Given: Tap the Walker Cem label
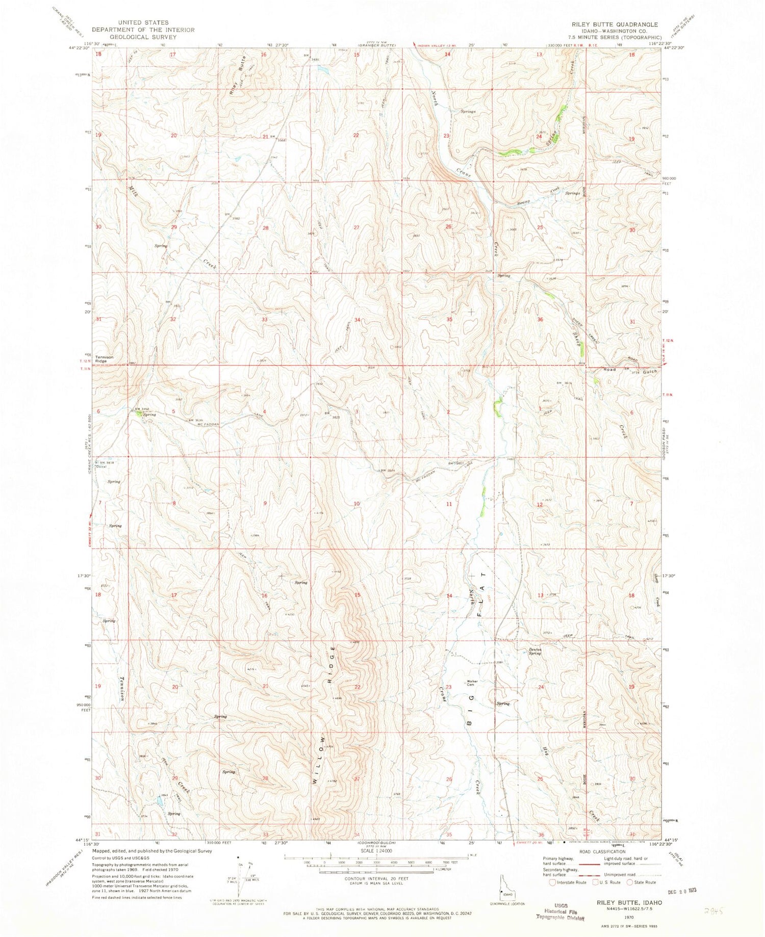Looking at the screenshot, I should (471, 683).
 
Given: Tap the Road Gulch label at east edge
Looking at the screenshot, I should (631, 371).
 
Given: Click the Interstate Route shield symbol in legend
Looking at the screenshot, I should (552, 882).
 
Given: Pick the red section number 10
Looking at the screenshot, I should (358, 504).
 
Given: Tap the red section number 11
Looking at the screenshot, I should (449, 504).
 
